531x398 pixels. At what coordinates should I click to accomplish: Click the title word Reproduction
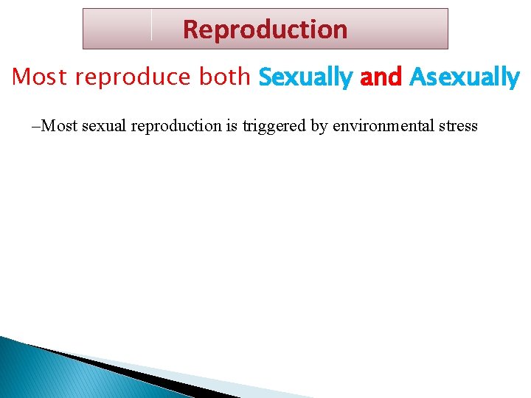coord(265,29)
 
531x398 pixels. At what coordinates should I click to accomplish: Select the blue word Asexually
coord(464,77)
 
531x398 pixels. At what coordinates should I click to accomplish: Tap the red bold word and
coord(381,77)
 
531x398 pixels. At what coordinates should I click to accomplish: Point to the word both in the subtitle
coord(225,77)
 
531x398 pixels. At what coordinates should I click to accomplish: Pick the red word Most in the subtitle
coord(41,77)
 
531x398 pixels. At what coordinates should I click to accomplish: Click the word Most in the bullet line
coord(60,126)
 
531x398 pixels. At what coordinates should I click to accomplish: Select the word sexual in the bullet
coord(105,126)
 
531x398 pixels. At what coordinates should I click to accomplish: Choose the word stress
coord(458,126)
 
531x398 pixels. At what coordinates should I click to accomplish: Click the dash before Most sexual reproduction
coord(36,126)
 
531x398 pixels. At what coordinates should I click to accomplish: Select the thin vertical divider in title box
coord(151,25)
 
